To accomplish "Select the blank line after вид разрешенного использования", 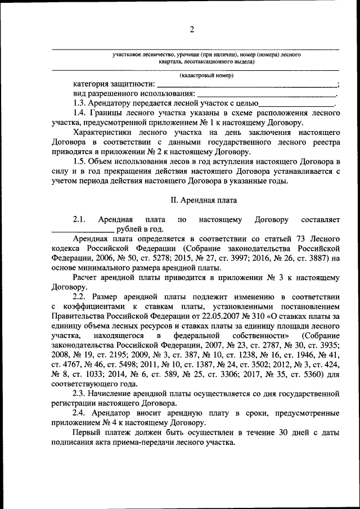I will [x=267, y=96].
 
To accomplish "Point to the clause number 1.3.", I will [x=80, y=104].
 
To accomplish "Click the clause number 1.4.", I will [x=80, y=114].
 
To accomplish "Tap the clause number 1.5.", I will [x=80, y=162].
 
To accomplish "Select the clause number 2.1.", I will [x=79, y=219].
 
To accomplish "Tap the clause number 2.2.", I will [x=80, y=296].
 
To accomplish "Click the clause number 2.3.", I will [x=80, y=393].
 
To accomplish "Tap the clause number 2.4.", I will [x=80, y=412].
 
